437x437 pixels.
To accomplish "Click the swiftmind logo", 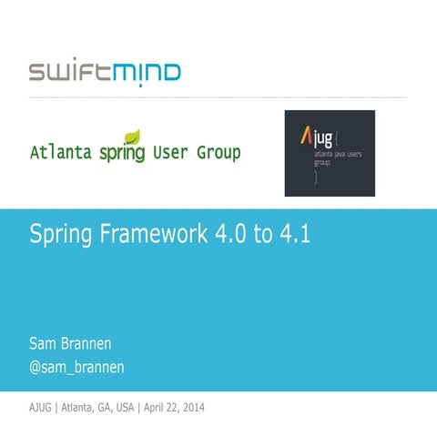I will coord(104,72).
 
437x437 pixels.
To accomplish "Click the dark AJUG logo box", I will coord(330,153).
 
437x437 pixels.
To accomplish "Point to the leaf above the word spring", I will coord(132,137).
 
